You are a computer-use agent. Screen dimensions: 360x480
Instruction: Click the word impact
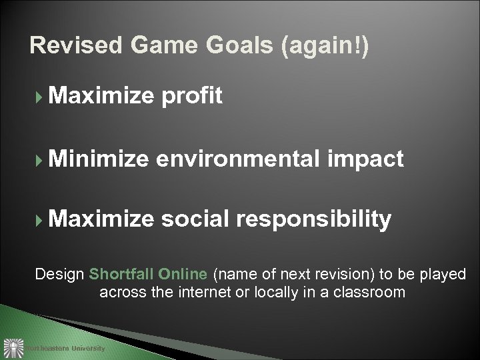367,159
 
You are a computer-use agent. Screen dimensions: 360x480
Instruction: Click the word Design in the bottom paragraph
59,274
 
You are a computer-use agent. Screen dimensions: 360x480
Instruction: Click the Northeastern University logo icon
13,348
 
